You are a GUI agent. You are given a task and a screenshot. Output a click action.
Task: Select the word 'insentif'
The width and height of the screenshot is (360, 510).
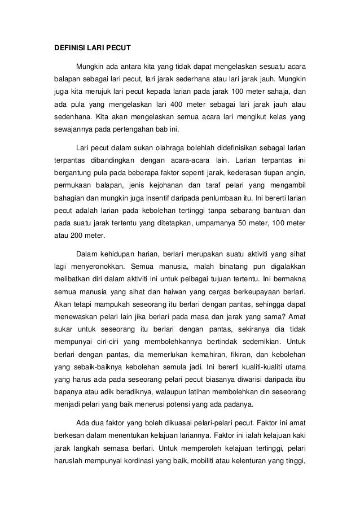(160, 198)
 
